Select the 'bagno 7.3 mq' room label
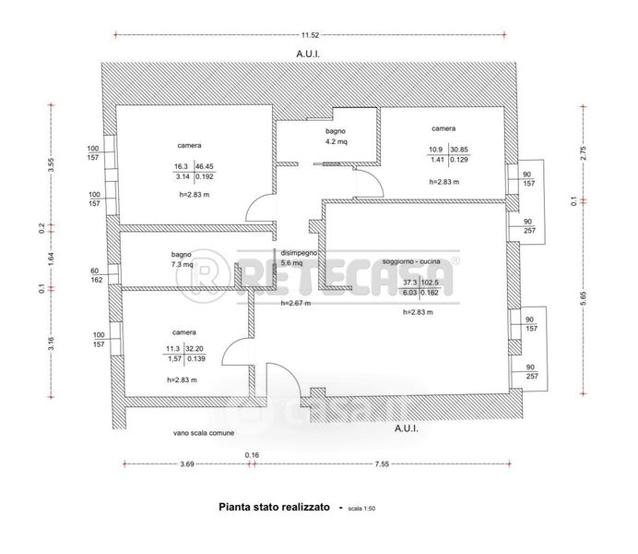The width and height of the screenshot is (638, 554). [x=181, y=259]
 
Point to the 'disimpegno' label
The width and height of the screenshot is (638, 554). [x=299, y=252]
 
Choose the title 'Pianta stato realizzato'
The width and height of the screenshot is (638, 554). [x=273, y=507]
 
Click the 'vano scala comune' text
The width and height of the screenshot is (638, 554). [x=203, y=432]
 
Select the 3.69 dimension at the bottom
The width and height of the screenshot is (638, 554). [x=186, y=464]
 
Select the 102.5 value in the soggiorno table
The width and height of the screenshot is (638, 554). [x=433, y=283]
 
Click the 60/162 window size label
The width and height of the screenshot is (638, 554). [x=96, y=274]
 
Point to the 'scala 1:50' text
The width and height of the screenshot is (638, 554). [x=362, y=508]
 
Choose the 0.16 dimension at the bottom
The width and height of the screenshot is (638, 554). [x=252, y=454]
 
